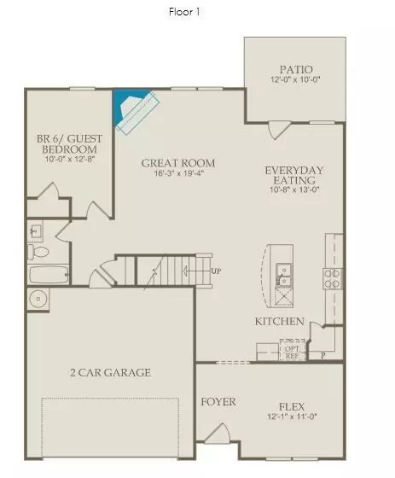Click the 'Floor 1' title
185,12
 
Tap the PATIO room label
295,69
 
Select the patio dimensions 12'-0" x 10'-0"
295,80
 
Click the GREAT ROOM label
177,163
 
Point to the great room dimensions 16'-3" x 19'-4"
177,174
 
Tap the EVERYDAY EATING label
294,175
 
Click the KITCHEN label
279,322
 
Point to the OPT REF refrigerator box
292,351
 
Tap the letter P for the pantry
322,354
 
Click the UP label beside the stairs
216,271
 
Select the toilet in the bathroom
37,252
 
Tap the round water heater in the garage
38,299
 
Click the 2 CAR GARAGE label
111,372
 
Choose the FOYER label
218,401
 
